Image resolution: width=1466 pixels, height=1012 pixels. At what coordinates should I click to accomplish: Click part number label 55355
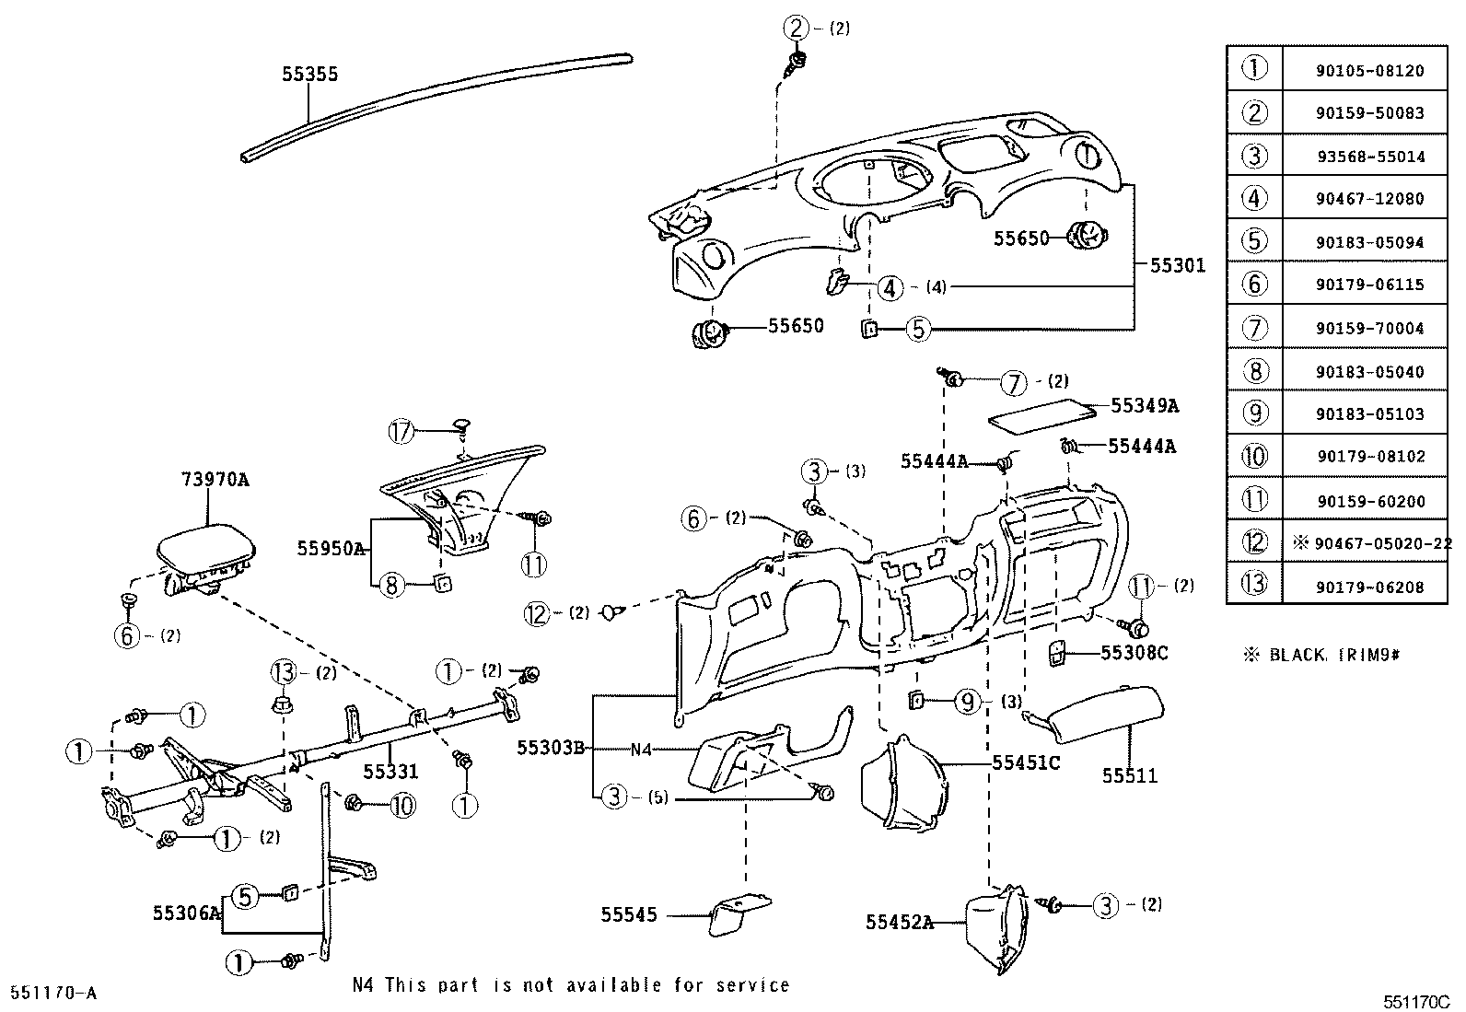pyautogui.click(x=309, y=75)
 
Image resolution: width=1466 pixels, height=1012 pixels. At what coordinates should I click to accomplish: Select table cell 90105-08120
pyautogui.click(x=1369, y=70)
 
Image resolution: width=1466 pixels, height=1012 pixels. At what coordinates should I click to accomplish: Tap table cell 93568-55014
pyautogui.click(x=1369, y=157)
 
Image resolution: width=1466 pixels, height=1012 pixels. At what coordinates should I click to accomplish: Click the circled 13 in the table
pyautogui.click(x=1254, y=586)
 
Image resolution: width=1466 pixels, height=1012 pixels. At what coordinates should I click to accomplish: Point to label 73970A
pyautogui.click(x=215, y=480)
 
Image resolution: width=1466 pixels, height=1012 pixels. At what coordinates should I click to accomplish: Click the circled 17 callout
pyautogui.click(x=402, y=431)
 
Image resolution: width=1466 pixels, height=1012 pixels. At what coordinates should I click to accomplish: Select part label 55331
pyautogui.click(x=390, y=772)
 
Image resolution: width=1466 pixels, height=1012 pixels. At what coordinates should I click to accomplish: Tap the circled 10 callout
pyautogui.click(x=402, y=806)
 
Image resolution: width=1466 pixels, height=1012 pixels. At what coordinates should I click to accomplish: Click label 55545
pyautogui.click(x=629, y=914)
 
